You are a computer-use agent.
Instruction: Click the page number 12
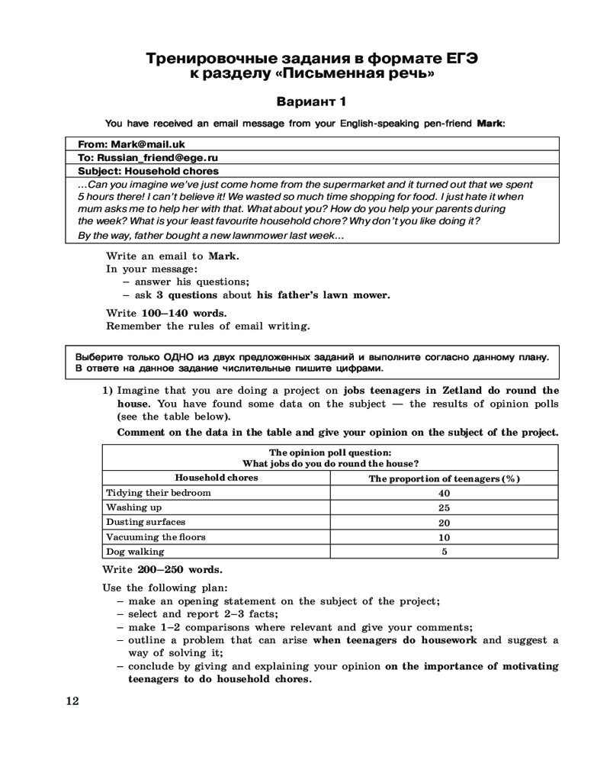click(x=72, y=700)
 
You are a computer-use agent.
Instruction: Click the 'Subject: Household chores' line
click(x=149, y=171)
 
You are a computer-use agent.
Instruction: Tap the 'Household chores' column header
click(x=217, y=478)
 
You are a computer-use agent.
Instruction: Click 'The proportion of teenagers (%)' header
click(x=444, y=478)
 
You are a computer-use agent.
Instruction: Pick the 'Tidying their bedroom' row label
click(x=159, y=493)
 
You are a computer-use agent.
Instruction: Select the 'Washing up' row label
click(x=133, y=507)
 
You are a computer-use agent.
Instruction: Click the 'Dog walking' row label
click(x=135, y=551)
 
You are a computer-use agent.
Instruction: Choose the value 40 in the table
click(x=444, y=493)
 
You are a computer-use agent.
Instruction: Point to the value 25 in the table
click(x=444, y=507)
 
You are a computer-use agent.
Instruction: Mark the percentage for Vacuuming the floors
click(x=444, y=537)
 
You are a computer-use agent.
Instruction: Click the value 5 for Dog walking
click(x=444, y=551)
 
